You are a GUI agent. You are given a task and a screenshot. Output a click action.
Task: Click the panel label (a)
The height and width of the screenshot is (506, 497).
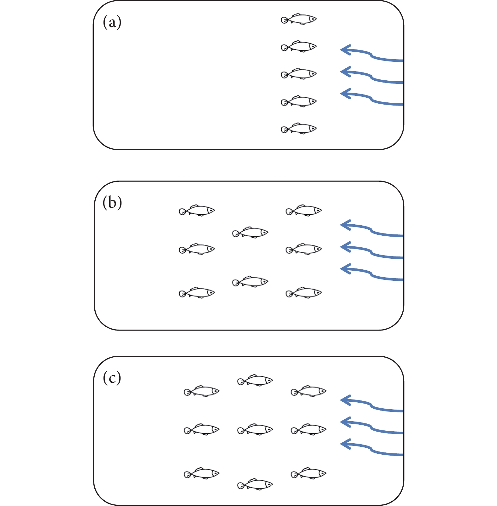(112, 23)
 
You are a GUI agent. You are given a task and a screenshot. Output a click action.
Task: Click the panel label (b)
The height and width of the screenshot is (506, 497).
(112, 203)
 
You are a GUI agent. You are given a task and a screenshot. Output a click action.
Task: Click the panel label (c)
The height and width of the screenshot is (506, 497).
(112, 378)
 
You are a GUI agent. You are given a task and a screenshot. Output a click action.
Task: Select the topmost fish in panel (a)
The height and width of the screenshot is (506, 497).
(299, 19)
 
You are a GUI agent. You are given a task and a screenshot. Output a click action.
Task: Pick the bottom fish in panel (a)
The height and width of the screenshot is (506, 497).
(299, 129)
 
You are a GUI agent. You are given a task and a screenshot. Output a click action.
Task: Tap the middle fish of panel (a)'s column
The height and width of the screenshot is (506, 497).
(299, 74)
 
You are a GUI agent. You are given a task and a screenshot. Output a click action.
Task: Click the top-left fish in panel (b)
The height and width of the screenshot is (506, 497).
(197, 211)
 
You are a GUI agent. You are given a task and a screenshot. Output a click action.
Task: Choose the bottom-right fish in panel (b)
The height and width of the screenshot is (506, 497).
(304, 293)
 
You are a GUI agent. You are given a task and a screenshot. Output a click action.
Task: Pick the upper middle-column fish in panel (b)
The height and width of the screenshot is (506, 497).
(250, 233)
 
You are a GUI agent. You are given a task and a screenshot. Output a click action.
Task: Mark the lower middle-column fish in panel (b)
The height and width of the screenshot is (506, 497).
(250, 282)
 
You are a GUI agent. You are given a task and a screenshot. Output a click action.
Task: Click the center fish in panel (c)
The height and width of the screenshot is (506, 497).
(255, 430)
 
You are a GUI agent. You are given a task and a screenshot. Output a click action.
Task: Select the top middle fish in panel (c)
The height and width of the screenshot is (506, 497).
(255, 381)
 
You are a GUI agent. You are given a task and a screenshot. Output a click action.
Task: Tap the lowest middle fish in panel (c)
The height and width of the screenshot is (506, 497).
(255, 484)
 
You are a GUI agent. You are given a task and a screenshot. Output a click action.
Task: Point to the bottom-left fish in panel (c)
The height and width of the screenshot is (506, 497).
(202, 473)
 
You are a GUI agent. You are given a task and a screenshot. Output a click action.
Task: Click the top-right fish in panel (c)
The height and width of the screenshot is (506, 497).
(308, 391)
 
